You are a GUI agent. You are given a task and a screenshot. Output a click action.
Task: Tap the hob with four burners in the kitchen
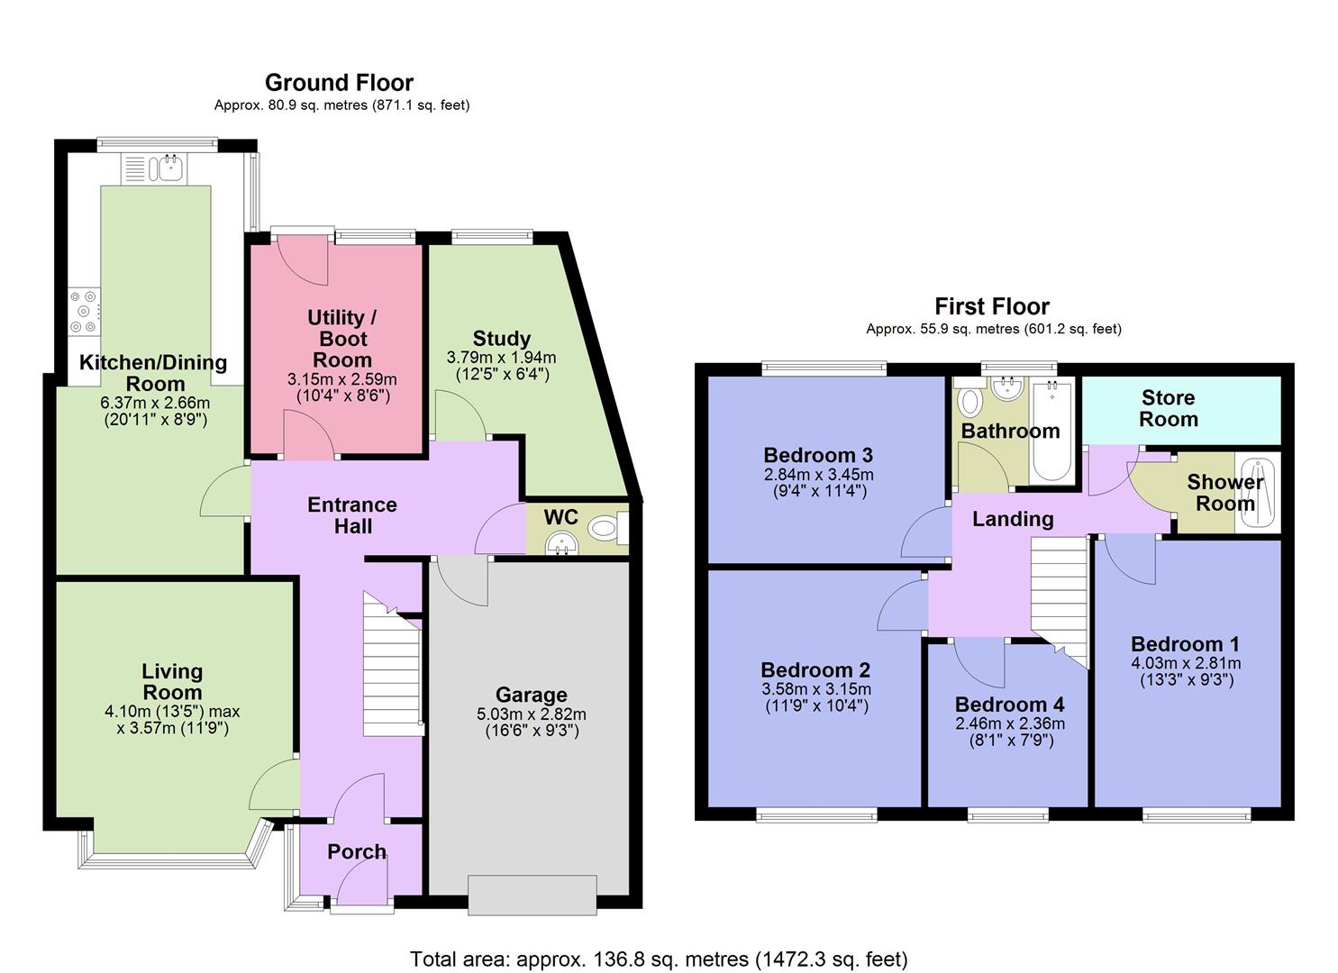85,311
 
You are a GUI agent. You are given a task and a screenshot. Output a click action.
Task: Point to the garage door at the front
532,896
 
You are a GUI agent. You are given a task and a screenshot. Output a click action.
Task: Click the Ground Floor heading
339,83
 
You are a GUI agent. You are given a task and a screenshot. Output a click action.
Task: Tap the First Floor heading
992,306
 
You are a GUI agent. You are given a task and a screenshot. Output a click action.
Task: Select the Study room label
501,339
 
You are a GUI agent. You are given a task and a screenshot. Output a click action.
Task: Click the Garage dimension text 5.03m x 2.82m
532,714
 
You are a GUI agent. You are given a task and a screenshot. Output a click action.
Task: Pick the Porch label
357,851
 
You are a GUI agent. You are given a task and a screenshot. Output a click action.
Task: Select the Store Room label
1168,408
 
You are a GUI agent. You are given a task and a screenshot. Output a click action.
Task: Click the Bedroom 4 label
1009,705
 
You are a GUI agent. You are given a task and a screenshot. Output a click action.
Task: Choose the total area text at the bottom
659,959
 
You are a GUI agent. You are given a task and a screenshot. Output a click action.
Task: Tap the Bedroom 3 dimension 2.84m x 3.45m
818,475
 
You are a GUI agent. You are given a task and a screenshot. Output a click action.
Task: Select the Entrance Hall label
352,515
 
